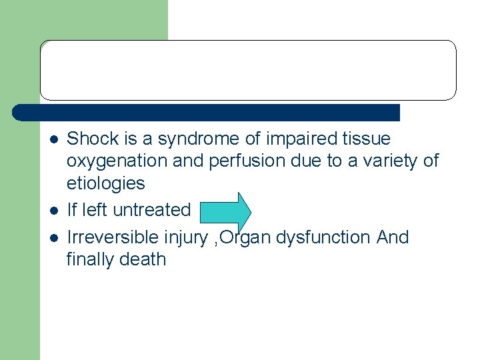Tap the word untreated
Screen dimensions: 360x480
pyautogui.click(x=152, y=209)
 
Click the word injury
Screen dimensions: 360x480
pyautogui.click(x=188, y=238)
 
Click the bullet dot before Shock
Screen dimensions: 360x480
pyautogui.click(x=53, y=140)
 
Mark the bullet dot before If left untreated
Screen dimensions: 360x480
pyautogui.click(x=53, y=211)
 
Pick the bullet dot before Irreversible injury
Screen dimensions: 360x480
pyautogui.click(x=53, y=238)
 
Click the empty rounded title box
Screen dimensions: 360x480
pyautogui.click(x=248, y=70)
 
